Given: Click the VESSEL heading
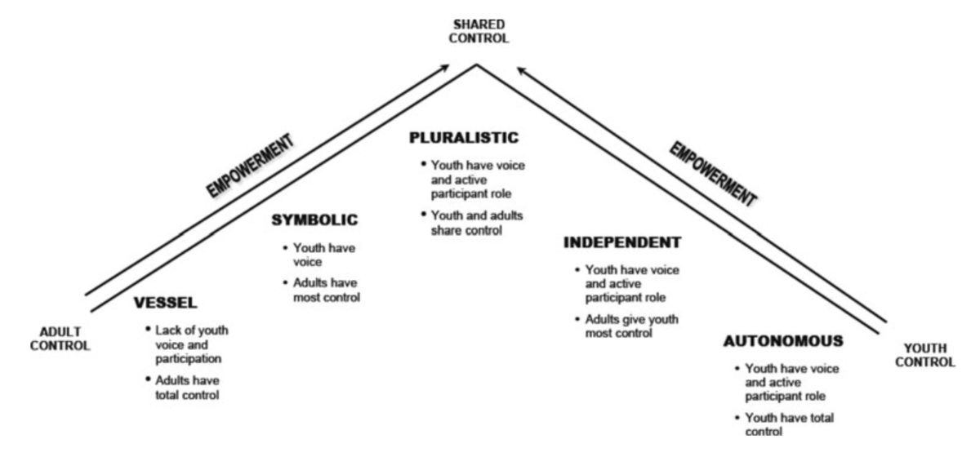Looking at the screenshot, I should coord(166,304).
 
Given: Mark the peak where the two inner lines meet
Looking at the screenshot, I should coord(479,65).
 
